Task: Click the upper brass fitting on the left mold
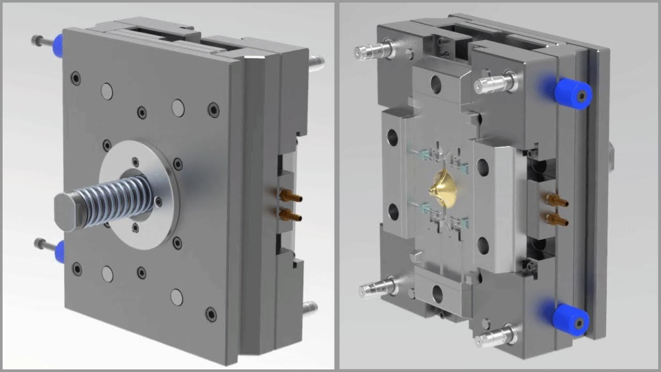tap(289, 195)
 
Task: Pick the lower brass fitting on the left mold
tap(289, 213)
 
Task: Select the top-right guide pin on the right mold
tap(493, 81)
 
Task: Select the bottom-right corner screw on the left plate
tap(211, 313)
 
